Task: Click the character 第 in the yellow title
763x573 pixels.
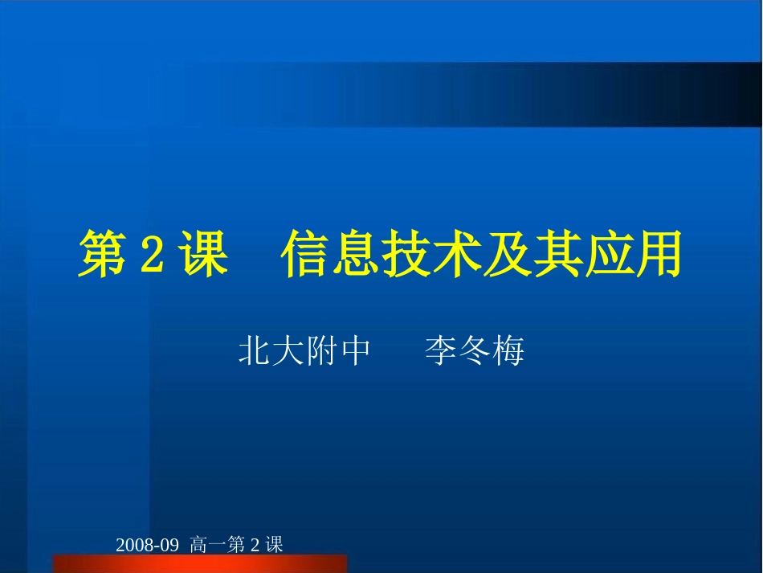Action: point(102,255)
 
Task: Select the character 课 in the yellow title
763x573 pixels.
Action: point(198,255)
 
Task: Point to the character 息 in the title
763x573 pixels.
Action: point(357,255)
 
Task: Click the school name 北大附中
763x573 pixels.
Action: point(304,352)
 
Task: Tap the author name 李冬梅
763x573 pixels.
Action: point(474,352)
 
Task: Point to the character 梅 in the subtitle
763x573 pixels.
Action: point(508,352)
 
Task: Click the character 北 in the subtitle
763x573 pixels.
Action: point(254,352)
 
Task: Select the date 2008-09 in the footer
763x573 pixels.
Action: point(145,545)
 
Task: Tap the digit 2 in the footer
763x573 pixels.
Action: point(255,545)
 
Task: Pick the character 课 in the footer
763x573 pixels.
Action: point(274,545)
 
